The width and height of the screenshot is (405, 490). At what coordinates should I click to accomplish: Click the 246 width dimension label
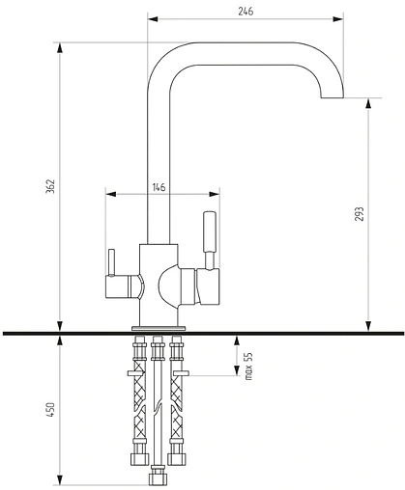coord(246,11)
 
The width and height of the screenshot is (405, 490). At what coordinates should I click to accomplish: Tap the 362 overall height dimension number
coord(50,186)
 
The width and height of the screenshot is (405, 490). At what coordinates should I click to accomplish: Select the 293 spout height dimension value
coord(360,214)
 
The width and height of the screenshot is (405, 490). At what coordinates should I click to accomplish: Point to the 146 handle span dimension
coord(159,187)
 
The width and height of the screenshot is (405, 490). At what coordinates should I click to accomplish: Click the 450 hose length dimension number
coord(50,410)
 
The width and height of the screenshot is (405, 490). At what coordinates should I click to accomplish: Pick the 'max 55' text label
coord(248,367)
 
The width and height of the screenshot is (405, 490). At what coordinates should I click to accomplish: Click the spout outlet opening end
coord(333,97)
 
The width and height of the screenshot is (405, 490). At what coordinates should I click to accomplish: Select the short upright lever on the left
coord(111,262)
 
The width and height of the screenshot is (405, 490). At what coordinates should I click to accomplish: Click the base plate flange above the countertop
coord(159,328)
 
